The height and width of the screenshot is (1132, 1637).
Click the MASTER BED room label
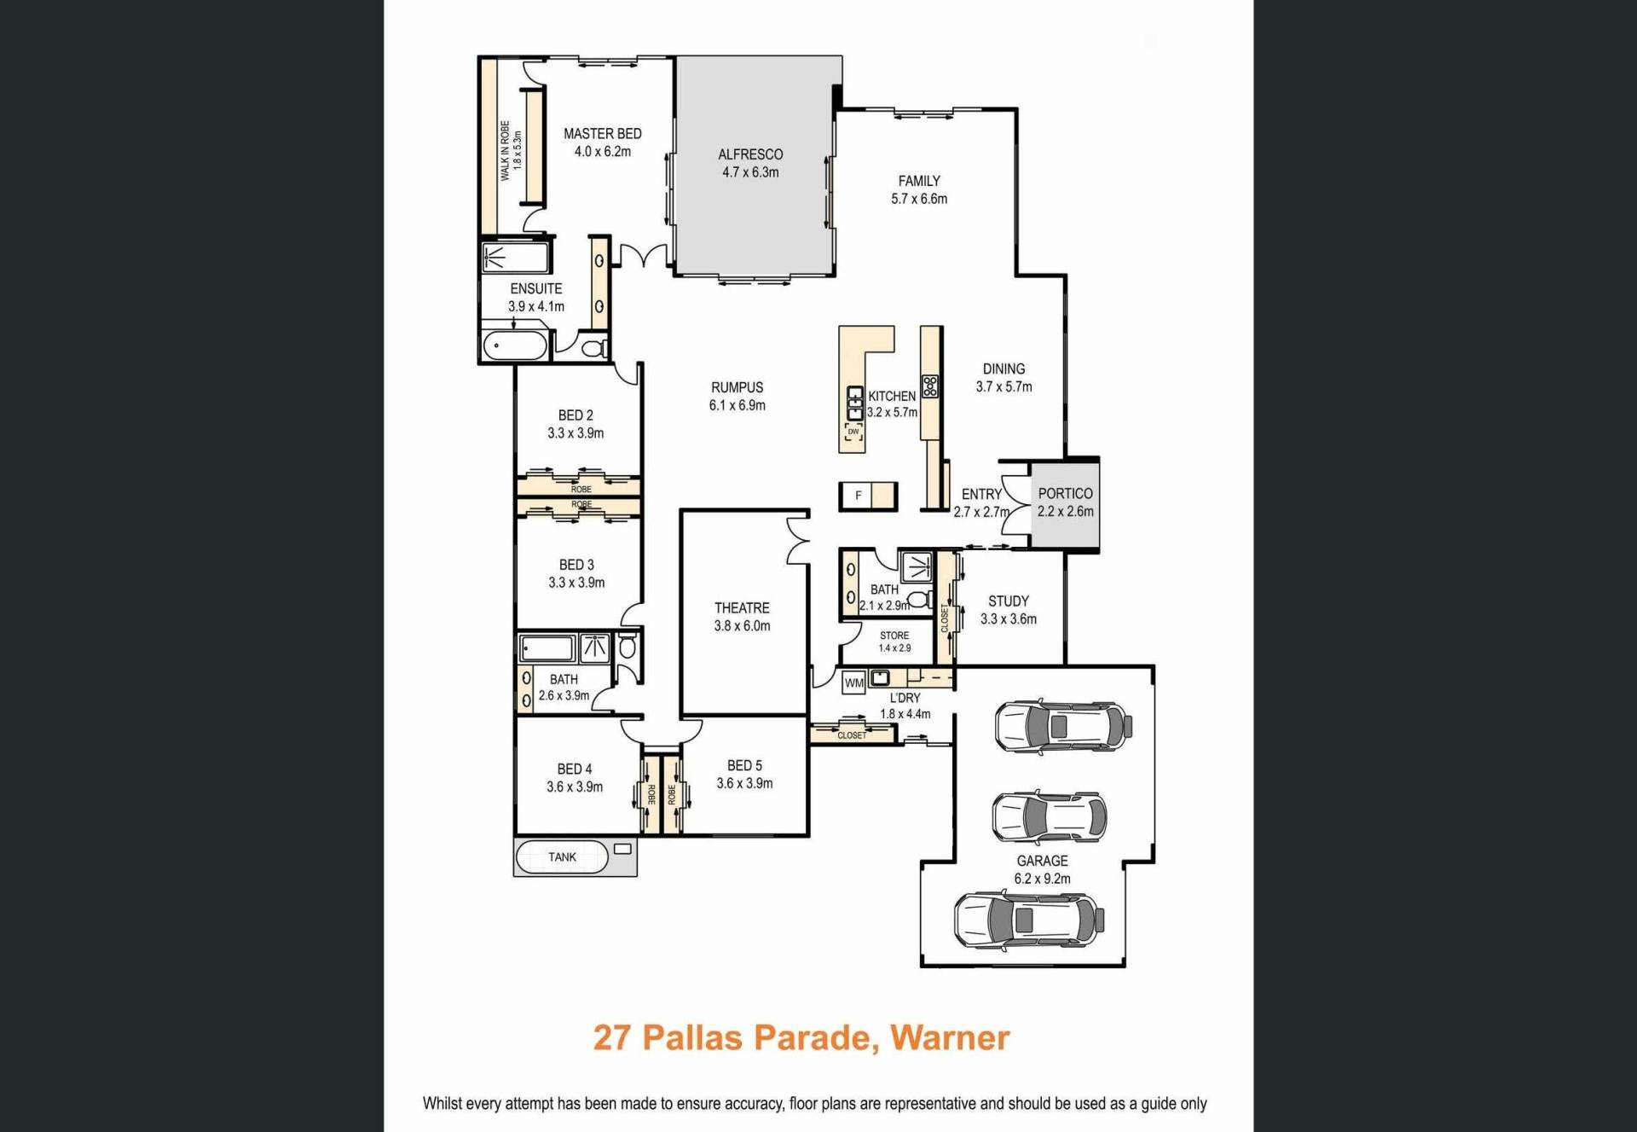(x=603, y=134)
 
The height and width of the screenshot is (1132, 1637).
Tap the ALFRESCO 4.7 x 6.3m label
(x=750, y=163)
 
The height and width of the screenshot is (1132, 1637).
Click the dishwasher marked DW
(x=853, y=432)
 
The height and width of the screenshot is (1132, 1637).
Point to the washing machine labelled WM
(x=854, y=682)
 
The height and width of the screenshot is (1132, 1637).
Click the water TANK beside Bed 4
(x=562, y=856)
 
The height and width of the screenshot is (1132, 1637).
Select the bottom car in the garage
(x=1029, y=920)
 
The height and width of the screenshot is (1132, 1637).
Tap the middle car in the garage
(x=1050, y=816)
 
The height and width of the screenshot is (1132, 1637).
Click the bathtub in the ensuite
(x=515, y=346)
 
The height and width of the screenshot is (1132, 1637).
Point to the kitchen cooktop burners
(x=930, y=386)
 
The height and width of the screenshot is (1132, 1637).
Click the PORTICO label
(x=1065, y=494)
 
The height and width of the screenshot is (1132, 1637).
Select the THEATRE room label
(x=742, y=608)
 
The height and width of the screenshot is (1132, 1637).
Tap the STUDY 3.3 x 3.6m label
(x=1009, y=610)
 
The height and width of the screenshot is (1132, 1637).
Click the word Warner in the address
(x=950, y=1038)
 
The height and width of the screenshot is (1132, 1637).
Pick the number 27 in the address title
(x=611, y=1038)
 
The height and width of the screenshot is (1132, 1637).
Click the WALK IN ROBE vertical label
(x=505, y=151)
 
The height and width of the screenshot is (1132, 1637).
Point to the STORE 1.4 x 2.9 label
(x=894, y=641)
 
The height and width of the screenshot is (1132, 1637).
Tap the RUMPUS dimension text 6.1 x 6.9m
(x=738, y=406)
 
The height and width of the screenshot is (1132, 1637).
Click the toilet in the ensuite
(x=594, y=348)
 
